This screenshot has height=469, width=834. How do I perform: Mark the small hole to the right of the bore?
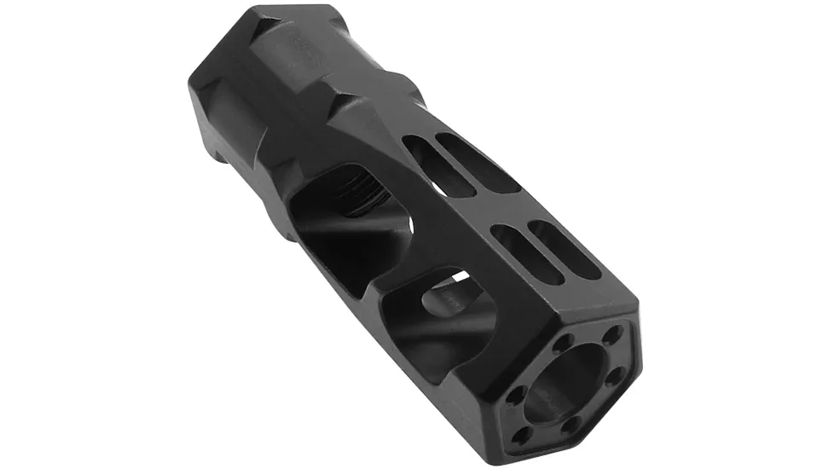611,377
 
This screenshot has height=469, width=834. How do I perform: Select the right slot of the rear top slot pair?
478,162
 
